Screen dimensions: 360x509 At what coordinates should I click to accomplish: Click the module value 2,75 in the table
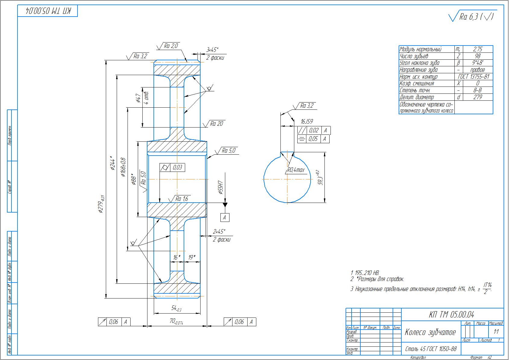(478, 49)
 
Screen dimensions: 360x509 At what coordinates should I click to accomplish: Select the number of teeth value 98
(478, 56)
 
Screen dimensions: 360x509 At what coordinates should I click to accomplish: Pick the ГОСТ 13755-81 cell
(473, 77)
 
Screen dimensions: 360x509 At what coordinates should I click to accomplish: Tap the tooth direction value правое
(478, 70)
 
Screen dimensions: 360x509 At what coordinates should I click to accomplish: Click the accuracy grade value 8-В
(478, 90)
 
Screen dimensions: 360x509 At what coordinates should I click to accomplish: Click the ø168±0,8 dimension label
(123, 166)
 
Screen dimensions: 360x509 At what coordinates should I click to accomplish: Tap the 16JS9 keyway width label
(307, 122)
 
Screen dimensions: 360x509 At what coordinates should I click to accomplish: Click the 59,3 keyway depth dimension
(321, 178)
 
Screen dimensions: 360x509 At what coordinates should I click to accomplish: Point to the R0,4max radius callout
(296, 170)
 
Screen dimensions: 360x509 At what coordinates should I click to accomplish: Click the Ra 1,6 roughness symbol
(182, 199)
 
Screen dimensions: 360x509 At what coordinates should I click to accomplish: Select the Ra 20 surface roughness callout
(217, 124)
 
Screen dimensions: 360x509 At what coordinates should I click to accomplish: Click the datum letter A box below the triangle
(224, 217)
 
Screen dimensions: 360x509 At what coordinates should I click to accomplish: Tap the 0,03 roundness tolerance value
(178, 167)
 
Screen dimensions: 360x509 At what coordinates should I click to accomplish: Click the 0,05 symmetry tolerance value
(314, 139)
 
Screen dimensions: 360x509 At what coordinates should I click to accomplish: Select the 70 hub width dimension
(176, 321)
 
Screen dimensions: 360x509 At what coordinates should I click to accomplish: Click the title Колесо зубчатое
(430, 332)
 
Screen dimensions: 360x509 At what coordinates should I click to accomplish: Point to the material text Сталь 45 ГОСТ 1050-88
(431, 349)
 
